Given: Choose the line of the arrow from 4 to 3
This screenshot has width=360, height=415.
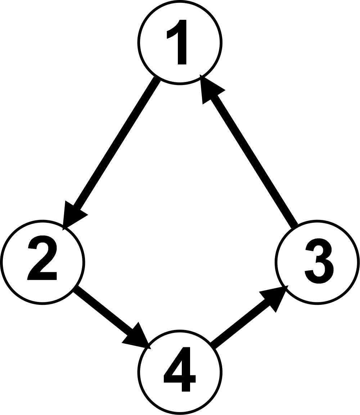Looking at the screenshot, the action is pyautogui.click(x=249, y=317).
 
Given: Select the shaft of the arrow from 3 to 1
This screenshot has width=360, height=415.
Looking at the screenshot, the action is pyautogui.click(x=249, y=151).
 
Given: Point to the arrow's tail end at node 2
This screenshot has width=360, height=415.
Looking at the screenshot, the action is pyautogui.click(x=76, y=289).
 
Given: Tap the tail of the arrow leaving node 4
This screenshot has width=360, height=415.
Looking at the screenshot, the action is pyautogui.click(x=212, y=346).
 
